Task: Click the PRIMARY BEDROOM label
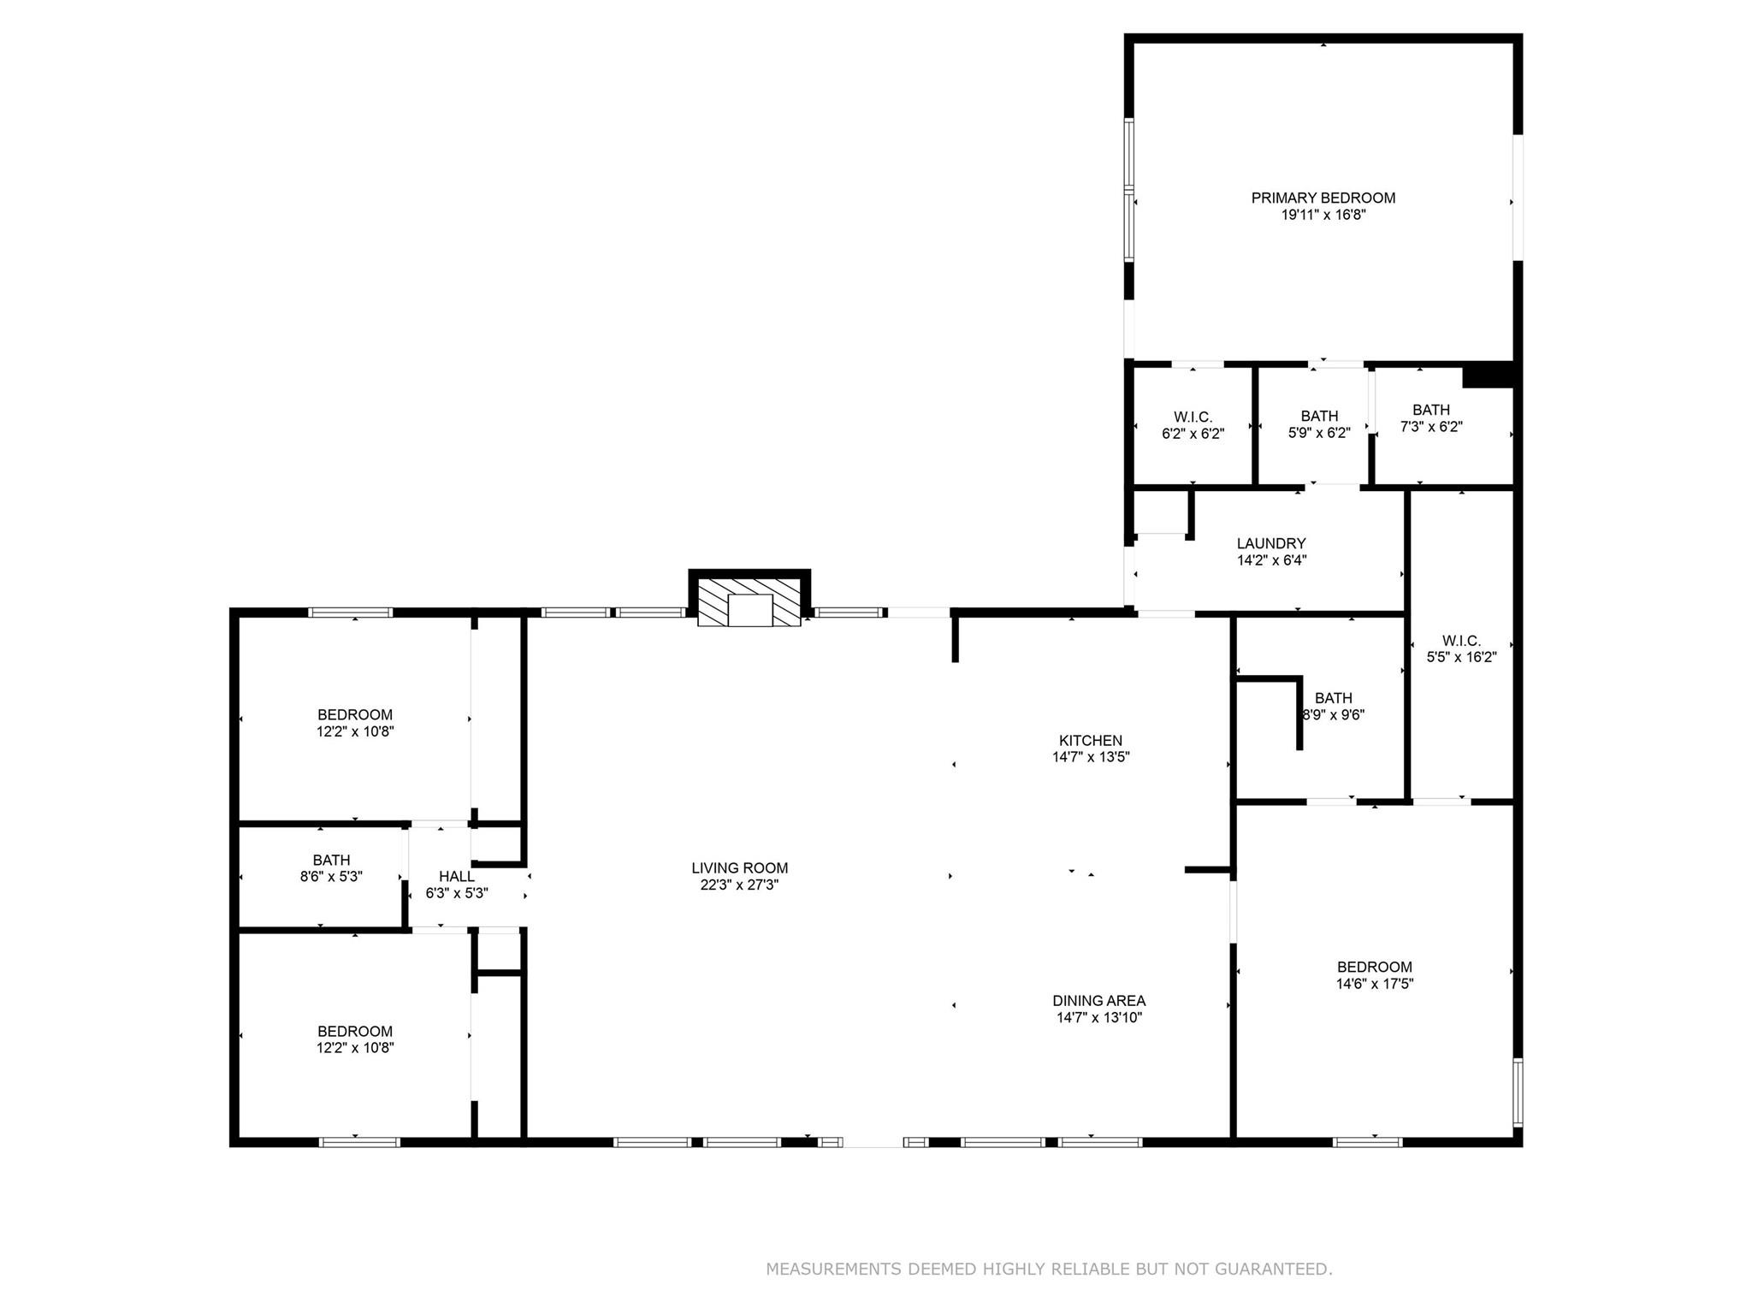(1323, 198)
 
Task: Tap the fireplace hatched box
(749, 602)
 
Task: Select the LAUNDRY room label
(1271, 543)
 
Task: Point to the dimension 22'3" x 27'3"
(739, 885)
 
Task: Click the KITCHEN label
(1090, 740)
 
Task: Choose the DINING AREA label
(1098, 1000)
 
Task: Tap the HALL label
(456, 876)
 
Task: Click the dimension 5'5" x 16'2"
(1461, 657)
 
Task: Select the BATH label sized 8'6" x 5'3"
(331, 860)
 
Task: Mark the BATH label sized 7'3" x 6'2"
(1431, 410)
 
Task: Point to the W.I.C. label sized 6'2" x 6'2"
(1193, 417)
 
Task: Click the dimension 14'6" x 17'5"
(1375, 984)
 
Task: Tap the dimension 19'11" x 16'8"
(1323, 215)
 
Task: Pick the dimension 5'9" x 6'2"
(1319, 433)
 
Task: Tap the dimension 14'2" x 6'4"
(1271, 560)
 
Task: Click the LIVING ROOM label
(739, 867)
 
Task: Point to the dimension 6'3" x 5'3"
(457, 893)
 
